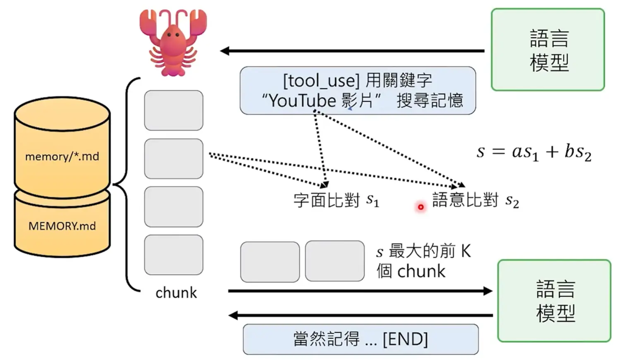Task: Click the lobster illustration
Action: [x=173, y=43]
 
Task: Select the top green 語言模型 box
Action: [x=548, y=50]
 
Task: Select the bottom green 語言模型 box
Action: [x=554, y=301]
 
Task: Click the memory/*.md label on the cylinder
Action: [x=62, y=156]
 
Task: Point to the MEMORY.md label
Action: [x=62, y=226]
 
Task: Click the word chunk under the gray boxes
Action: [x=176, y=293]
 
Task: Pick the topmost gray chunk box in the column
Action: [x=174, y=110]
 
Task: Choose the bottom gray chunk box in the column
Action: [x=174, y=255]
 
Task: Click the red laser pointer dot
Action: [x=420, y=207]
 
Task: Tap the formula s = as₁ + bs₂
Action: [x=534, y=152]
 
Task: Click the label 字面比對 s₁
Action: [x=336, y=200]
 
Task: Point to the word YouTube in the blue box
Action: [x=303, y=101]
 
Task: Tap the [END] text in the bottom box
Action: [x=405, y=339]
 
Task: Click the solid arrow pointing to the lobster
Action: [x=353, y=51]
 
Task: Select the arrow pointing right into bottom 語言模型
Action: [x=360, y=291]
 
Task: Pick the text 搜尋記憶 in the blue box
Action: [x=430, y=101]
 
